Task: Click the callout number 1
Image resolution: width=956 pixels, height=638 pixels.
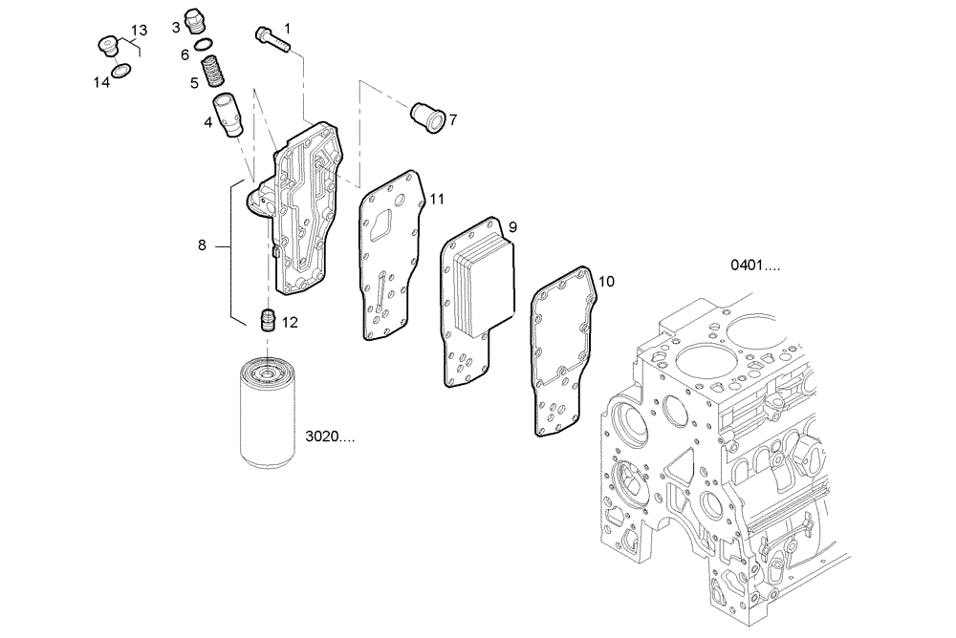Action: [x=288, y=29]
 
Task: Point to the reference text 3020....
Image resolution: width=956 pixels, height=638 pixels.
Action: [x=330, y=436]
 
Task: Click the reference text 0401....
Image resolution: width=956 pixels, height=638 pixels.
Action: [x=756, y=266]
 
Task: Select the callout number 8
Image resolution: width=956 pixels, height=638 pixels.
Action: [x=202, y=245]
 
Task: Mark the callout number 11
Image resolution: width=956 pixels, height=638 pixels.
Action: [x=437, y=199]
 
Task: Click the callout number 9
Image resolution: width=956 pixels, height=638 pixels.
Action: [x=512, y=226]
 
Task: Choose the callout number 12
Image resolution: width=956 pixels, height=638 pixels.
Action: [x=290, y=323]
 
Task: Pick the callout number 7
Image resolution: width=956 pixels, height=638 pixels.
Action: [x=453, y=120]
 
